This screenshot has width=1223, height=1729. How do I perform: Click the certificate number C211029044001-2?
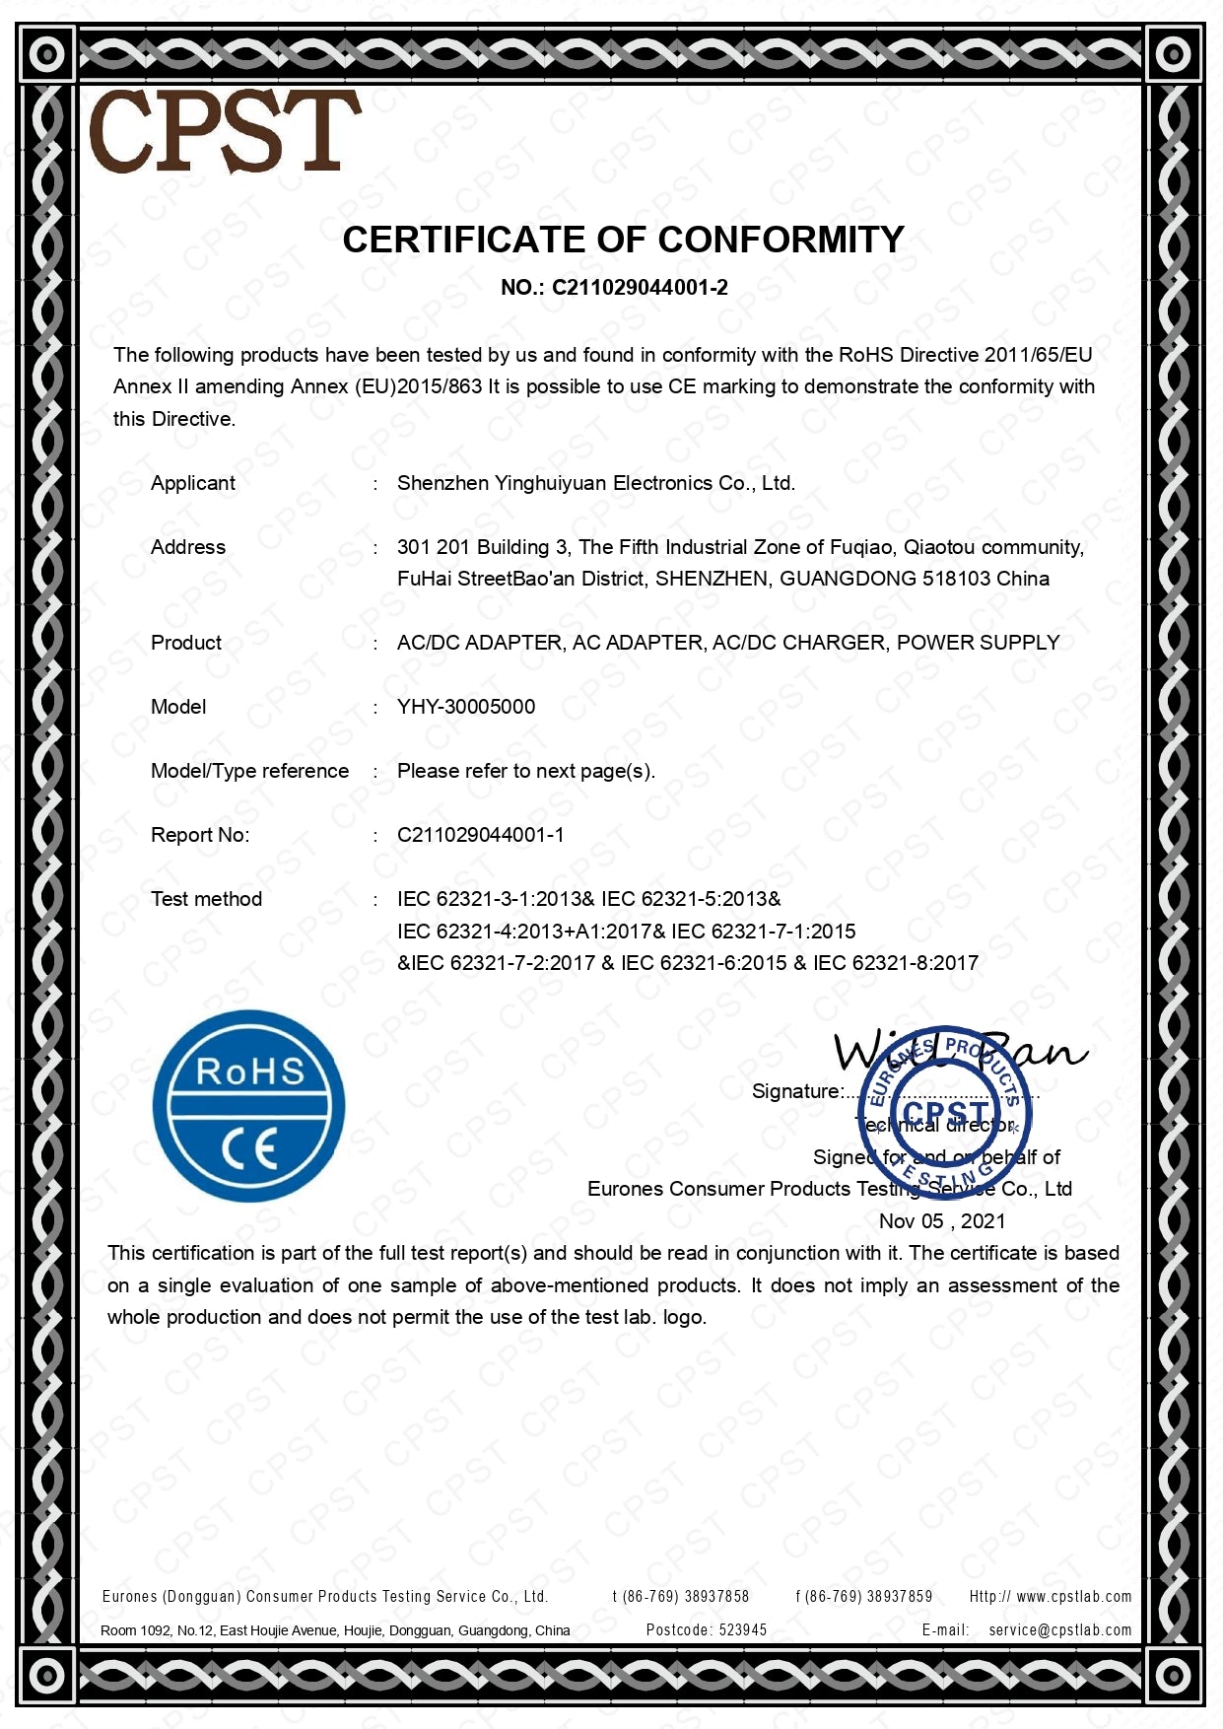click(640, 288)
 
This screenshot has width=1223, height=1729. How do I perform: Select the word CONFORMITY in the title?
click(781, 240)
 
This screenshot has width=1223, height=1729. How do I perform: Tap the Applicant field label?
click(193, 483)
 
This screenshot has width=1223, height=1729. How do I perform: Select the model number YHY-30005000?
click(466, 707)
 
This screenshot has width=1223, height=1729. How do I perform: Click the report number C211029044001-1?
click(481, 835)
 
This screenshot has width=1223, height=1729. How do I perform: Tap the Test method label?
click(206, 899)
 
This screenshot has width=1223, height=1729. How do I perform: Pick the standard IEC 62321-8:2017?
click(896, 963)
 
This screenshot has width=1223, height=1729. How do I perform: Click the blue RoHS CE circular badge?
click(249, 1105)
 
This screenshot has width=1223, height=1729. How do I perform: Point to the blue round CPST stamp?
click(945, 1111)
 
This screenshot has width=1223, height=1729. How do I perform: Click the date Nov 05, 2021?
click(942, 1221)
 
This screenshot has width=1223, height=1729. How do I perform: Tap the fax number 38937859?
click(899, 1597)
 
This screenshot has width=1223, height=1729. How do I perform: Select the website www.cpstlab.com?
click(1073, 1597)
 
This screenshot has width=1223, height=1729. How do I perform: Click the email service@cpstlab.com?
click(1059, 1630)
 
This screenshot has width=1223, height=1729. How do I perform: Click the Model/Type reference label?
click(249, 771)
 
